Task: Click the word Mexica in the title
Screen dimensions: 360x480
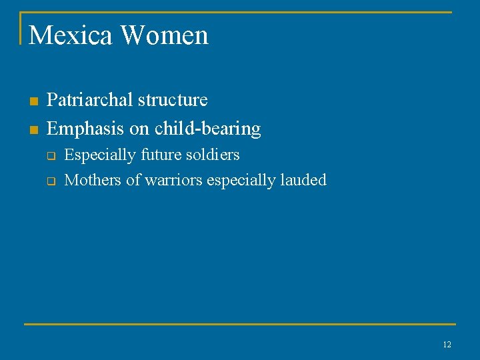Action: tap(69, 35)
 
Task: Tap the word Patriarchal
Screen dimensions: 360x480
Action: tap(89, 100)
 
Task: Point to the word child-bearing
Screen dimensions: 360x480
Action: tap(208, 128)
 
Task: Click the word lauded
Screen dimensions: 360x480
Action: tap(303, 180)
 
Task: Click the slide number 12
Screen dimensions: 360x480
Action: tap(447, 345)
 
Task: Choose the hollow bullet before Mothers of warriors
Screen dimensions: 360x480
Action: tap(49, 181)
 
